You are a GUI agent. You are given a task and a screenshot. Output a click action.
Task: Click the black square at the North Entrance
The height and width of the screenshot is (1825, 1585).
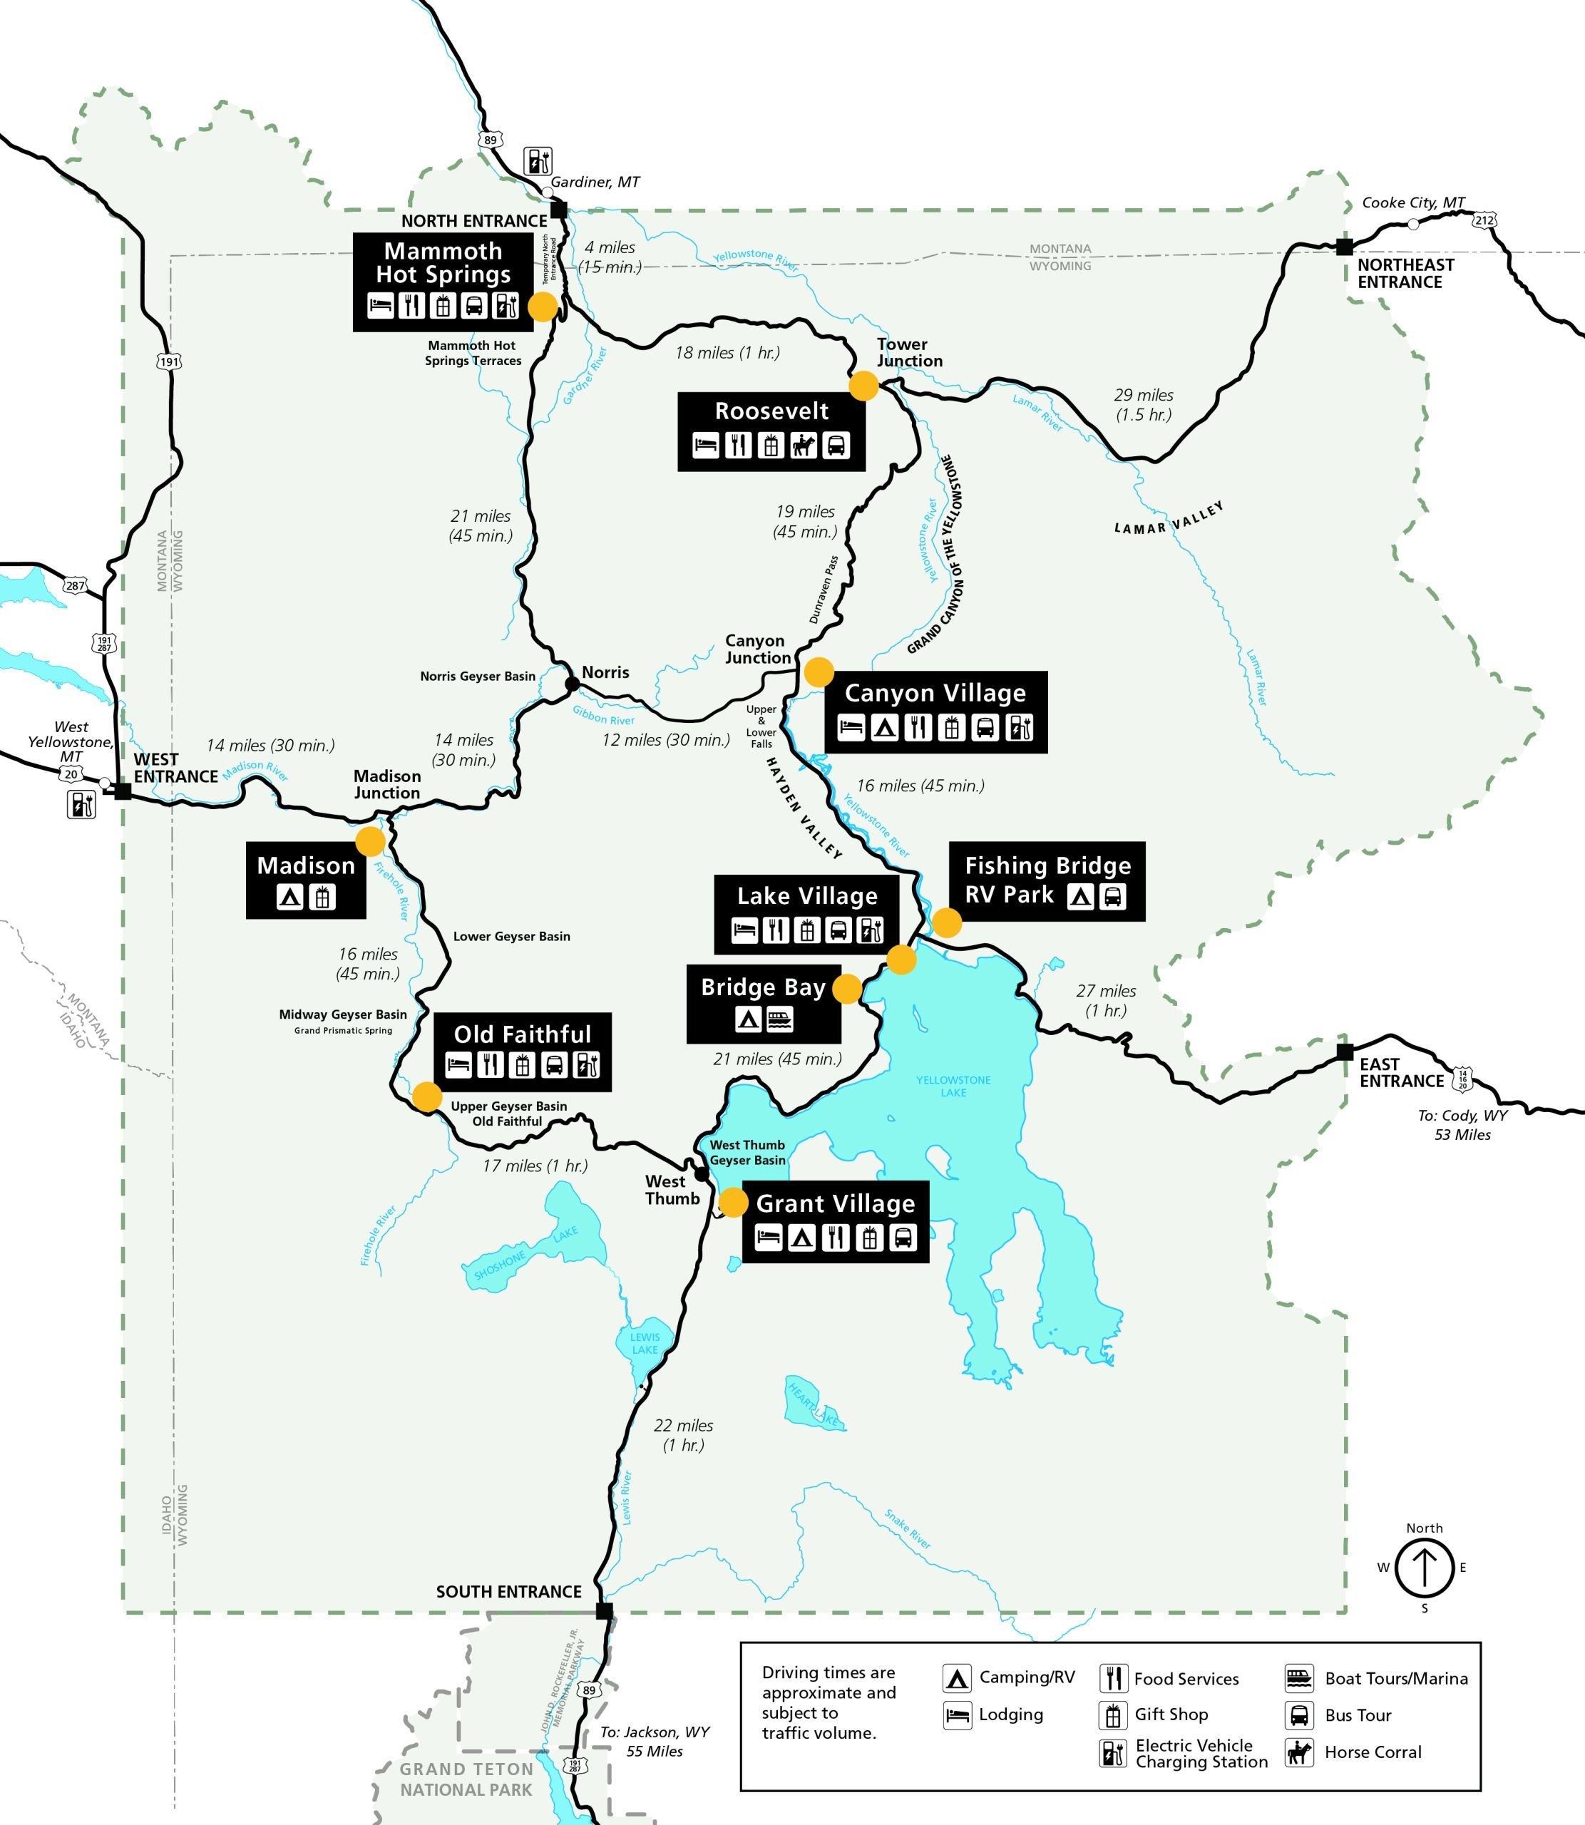(558, 210)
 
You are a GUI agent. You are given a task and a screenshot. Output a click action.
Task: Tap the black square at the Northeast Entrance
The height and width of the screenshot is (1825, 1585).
(1343, 246)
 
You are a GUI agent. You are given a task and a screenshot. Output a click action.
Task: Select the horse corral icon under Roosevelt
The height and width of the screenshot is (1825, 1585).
(803, 445)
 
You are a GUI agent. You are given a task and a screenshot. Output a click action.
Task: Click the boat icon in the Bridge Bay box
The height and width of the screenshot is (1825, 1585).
(780, 1019)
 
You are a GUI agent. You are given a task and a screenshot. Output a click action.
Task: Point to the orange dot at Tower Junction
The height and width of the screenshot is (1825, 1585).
(863, 386)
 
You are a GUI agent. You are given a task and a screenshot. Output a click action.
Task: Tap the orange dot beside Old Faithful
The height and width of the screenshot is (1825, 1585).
(427, 1096)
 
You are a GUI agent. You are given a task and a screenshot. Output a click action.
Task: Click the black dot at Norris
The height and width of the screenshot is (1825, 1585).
(573, 684)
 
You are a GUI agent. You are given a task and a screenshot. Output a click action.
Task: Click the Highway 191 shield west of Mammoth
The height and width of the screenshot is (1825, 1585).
(169, 361)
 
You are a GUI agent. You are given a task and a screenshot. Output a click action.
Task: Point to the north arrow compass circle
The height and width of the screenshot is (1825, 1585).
(1424, 1568)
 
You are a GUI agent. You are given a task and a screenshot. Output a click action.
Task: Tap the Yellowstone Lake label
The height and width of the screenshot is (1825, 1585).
(953, 1086)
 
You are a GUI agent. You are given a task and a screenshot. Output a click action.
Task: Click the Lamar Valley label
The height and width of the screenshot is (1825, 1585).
(1169, 520)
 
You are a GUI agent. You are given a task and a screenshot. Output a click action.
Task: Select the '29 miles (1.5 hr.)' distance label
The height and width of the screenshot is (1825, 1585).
(1143, 404)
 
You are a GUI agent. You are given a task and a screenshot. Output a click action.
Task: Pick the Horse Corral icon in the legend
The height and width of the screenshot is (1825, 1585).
(1298, 1752)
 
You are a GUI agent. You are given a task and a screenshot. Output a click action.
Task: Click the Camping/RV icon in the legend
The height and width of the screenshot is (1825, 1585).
(956, 1677)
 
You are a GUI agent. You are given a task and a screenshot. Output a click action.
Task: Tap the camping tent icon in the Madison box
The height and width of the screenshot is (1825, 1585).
(289, 898)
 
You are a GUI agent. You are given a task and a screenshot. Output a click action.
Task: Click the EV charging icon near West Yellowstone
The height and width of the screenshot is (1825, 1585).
(81, 803)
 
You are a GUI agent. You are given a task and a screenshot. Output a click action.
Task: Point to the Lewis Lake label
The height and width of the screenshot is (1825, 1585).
(645, 1343)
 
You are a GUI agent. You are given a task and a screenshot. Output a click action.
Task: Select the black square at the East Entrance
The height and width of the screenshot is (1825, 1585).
(1345, 1052)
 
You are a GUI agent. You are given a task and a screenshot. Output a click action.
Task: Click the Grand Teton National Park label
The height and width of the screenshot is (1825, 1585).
(466, 1779)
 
